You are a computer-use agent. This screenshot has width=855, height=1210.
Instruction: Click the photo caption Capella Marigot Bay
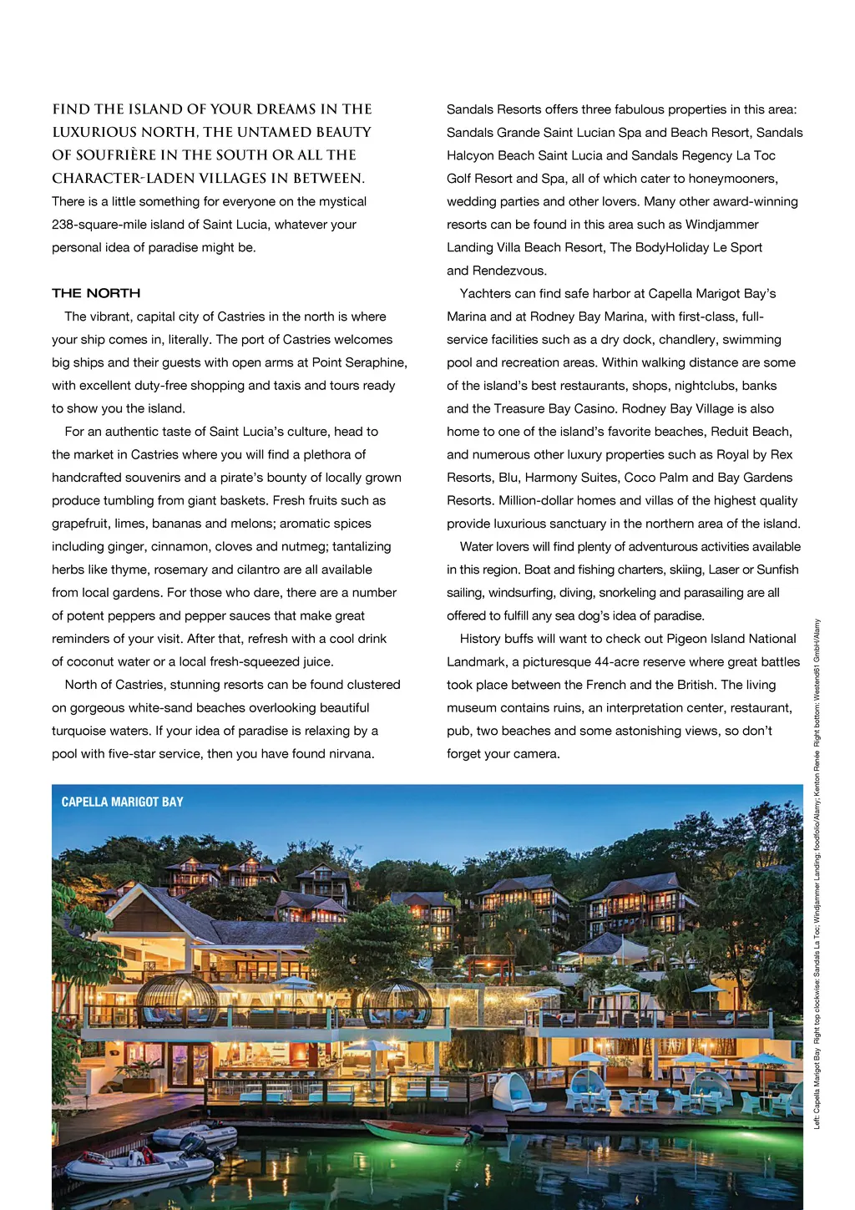pos(122,802)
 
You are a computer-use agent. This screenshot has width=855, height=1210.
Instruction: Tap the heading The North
pos(96,293)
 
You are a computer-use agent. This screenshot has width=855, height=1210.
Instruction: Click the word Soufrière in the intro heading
pos(130,155)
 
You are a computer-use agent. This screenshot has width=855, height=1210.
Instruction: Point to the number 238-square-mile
pos(99,225)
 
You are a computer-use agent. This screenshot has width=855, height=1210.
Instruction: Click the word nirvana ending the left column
pos(347,754)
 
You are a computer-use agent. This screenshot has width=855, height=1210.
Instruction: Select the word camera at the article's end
pos(536,754)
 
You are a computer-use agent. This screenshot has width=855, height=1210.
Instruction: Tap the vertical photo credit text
pos(817,873)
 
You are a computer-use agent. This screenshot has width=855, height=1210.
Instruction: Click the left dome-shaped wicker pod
pos(177,1000)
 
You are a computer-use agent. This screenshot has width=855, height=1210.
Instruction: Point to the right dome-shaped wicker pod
pos(397,1002)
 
